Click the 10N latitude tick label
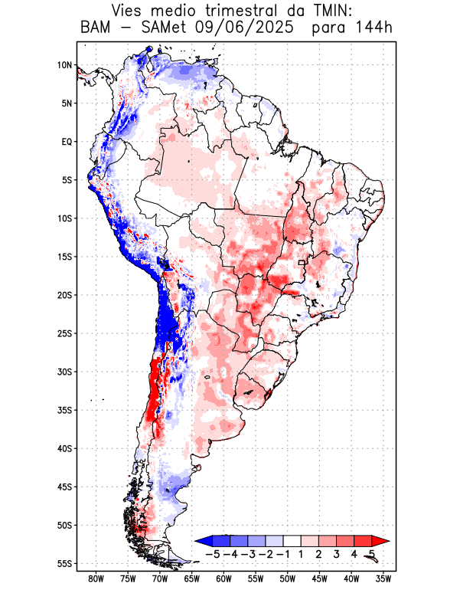tap(64, 65)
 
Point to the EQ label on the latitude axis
tap(67, 142)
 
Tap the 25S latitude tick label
tap(64, 333)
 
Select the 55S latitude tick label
tap(64, 563)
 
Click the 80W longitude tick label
tap(96, 579)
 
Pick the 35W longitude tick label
tap(383, 579)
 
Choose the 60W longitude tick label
tap(223, 579)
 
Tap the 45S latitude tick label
tap(64, 487)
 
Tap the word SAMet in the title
tap(157, 28)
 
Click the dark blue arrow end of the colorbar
tap(201, 541)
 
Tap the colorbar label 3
tap(336, 554)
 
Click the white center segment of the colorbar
tap(292, 541)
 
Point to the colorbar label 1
tap(301, 554)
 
